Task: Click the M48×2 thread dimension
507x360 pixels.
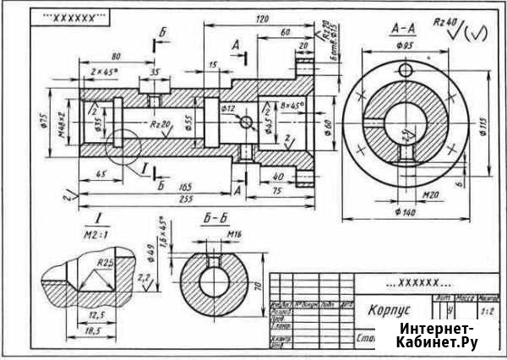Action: pyautogui.click(x=63, y=124)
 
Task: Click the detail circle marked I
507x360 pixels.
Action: pyautogui.click(x=123, y=147)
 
